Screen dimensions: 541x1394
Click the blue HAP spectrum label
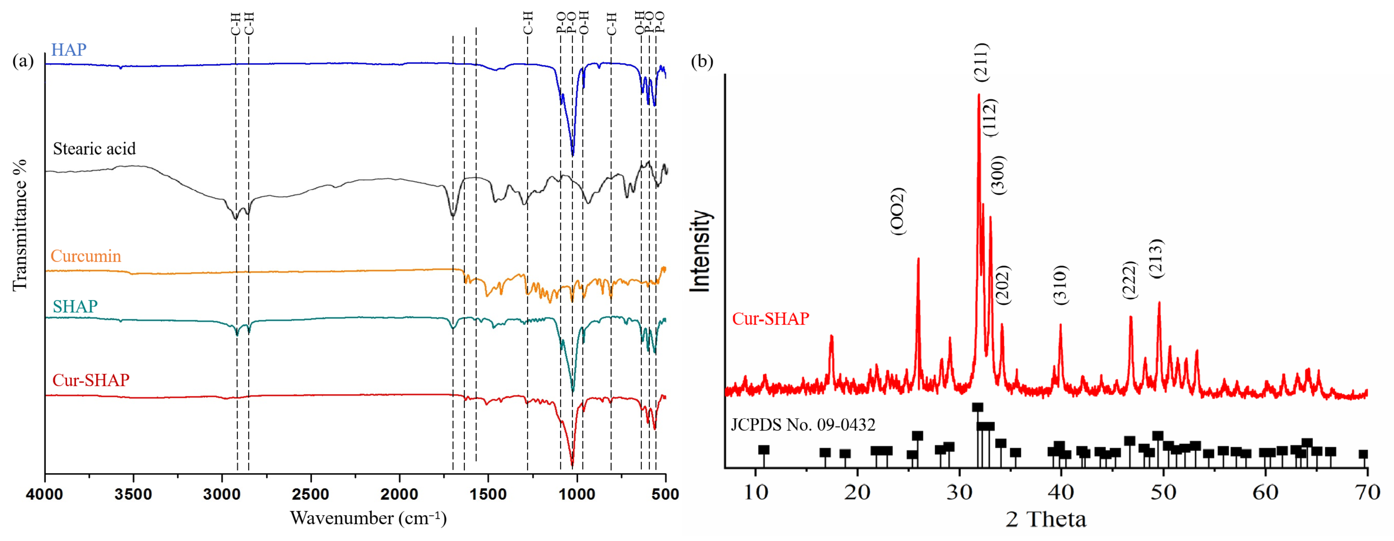click(x=69, y=50)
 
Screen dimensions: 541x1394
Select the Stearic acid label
click(x=94, y=149)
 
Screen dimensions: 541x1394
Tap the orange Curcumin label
click(x=86, y=256)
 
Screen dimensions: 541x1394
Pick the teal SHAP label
click(x=75, y=307)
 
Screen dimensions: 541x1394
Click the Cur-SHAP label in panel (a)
click(x=91, y=380)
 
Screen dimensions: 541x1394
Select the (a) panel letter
click(x=23, y=61)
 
